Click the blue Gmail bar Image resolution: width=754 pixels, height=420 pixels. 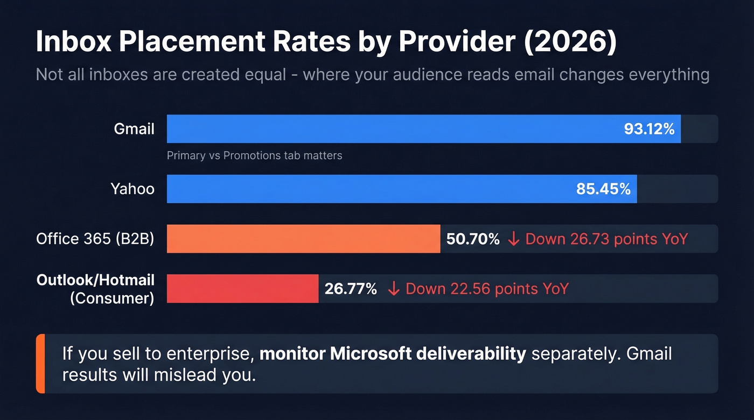[x=393, y=129]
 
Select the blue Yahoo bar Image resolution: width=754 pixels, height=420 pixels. [x=372, y=189]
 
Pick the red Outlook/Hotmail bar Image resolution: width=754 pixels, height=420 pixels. [x=242, y=289]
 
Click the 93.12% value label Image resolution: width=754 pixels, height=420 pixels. [x=649, y=129]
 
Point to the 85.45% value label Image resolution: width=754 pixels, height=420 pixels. [x=603, y=189]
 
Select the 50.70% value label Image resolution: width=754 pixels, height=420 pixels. [x=473, y=239]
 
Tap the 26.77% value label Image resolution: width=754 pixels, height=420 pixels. [x=351, y=289]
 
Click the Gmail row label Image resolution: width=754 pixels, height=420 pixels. [x=134, y=129]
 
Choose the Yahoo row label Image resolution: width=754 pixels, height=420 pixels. [x=132, y=189]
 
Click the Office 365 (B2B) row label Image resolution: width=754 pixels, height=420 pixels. [x=95, y=239]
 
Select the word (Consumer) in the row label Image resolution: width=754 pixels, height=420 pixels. [x=112, y=298]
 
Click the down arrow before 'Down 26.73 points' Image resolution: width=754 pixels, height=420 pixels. [x=514, y=239]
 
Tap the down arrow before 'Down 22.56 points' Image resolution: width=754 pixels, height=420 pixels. [x=394, y=289]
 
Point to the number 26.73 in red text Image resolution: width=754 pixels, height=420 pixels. [x=591, y=239]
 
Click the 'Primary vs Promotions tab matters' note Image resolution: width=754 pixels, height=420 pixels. [x=254, y=156]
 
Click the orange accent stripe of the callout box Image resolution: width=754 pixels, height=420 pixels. [x=40, y=364]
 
